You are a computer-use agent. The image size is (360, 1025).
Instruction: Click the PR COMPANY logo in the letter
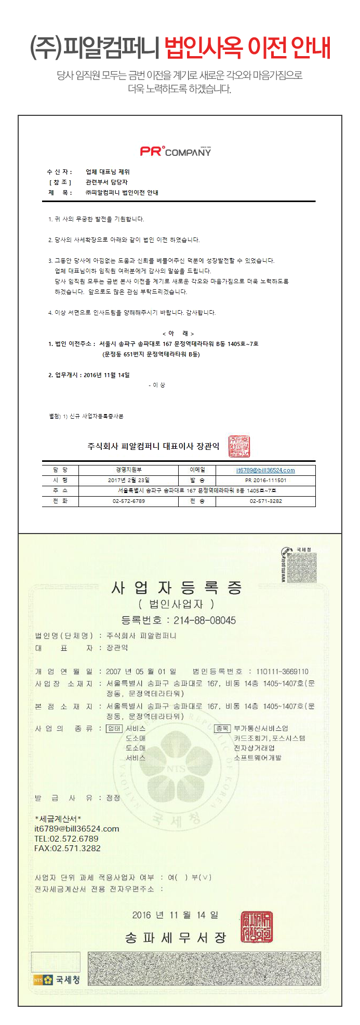click(176, 151)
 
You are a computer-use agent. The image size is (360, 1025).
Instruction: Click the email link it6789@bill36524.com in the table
click(265, 470)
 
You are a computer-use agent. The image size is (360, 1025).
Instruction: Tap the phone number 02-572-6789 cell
click(129, 501)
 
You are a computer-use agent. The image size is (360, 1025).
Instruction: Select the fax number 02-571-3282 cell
click(265, 501)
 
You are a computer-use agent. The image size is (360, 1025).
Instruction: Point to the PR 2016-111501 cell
click(265, 481)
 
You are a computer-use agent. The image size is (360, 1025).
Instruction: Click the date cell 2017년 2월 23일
click(129, 481)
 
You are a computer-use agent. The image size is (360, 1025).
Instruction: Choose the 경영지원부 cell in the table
click(129, 470)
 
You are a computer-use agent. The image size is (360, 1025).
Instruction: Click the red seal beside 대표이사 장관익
click(239, 446)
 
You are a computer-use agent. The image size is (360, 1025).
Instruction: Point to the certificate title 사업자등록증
click(177, 588)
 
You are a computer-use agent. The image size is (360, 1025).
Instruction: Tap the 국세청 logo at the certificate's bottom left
click(57, 980)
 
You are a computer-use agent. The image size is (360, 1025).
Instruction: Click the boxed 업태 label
click(114, 728)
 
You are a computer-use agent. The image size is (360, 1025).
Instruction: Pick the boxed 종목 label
click(223, 728)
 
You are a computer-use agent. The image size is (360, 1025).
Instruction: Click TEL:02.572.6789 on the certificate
click(66, 838)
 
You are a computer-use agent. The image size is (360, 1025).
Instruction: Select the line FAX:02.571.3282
click(68, 848)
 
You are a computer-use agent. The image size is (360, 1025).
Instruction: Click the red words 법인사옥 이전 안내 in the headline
click(247, 49)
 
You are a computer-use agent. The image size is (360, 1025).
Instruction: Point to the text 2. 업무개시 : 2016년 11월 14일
click(89, 375)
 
